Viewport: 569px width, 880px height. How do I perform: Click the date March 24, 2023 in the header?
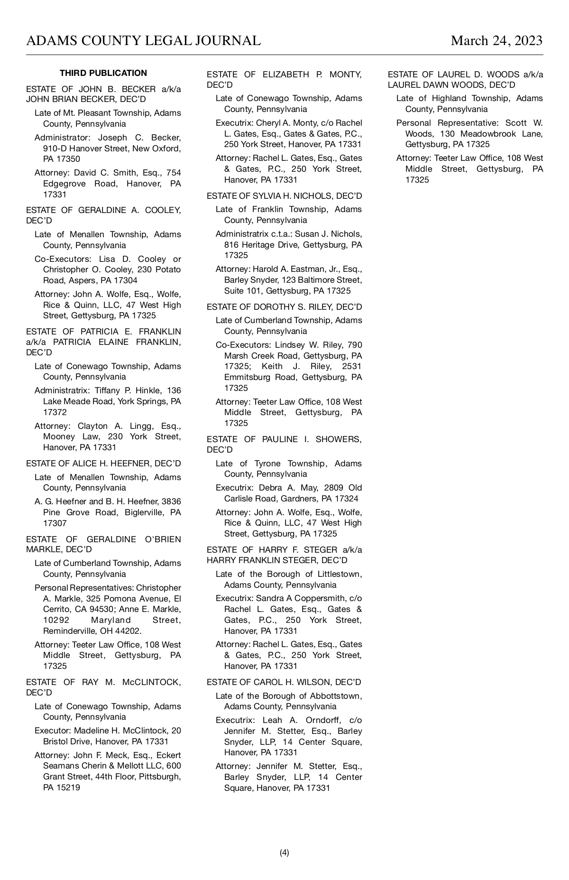pyautogui.click(x=496, y=41)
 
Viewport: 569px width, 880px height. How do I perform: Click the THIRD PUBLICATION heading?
pyautogui.click(x=103, y=73)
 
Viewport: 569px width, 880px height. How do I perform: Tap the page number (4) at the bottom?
pyautogui.click(x=284, y=852)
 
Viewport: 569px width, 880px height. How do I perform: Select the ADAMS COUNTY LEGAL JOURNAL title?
pyautogui.click(x=143, y=41)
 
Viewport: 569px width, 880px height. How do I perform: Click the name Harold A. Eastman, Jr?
pyautogui.click(x=294, y=269)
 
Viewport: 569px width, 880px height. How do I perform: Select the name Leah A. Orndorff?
pyautogui.click(x=298, y=720)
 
